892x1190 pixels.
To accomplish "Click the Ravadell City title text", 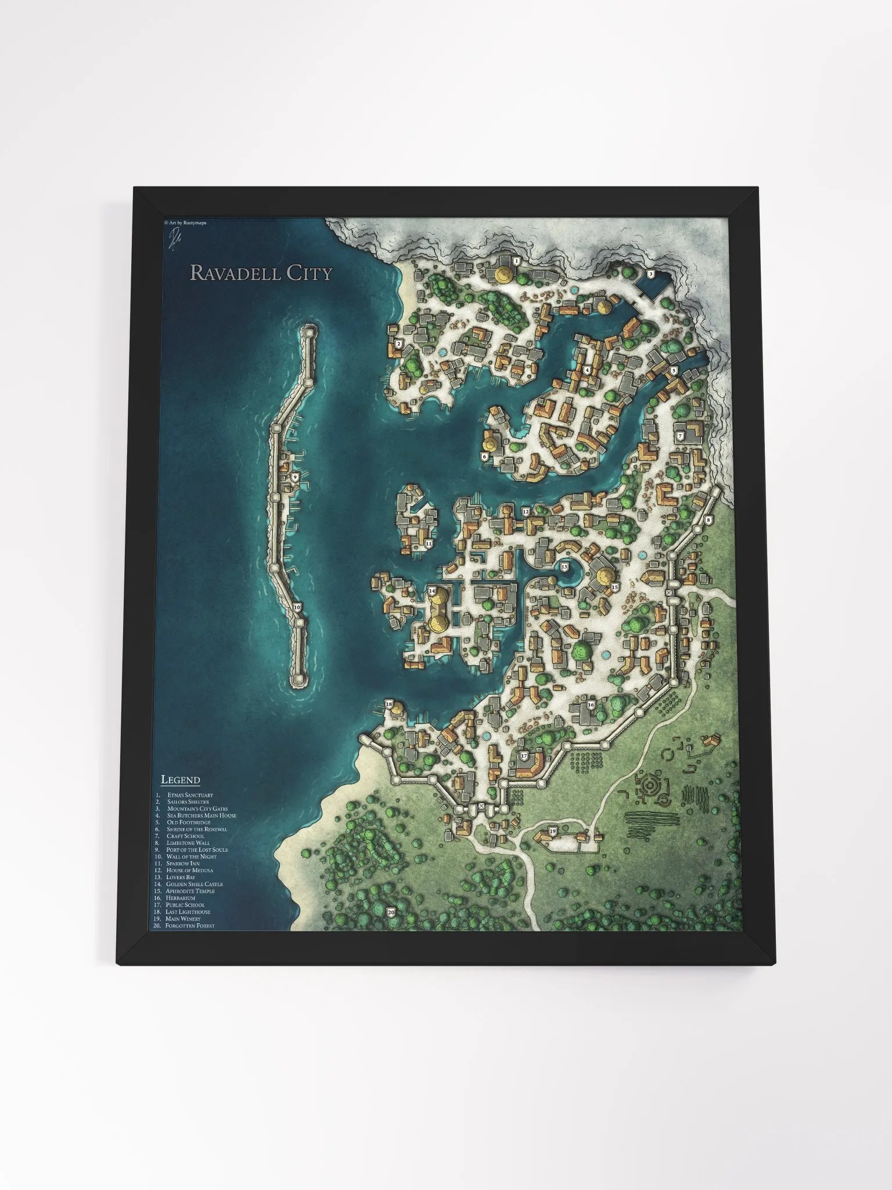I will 261,273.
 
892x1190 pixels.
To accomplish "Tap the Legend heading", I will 181,780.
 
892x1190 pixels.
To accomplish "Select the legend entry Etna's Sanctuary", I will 190,795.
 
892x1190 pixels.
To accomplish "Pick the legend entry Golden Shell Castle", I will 194,884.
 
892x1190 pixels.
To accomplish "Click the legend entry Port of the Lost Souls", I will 196,850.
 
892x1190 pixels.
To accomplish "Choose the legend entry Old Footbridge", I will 189,822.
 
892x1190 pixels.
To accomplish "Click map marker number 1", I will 516,261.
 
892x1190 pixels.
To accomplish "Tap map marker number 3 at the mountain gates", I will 651,274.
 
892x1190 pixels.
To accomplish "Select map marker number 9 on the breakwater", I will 295,476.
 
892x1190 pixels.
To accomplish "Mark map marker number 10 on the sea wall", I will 297,607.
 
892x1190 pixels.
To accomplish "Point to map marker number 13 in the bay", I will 564,566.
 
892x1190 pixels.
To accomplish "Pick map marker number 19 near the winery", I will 552,831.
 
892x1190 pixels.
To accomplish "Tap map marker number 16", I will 591,705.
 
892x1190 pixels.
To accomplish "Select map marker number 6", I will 484,457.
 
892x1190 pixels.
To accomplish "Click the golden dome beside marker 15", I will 605,575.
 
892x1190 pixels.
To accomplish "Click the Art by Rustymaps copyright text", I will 185,223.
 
